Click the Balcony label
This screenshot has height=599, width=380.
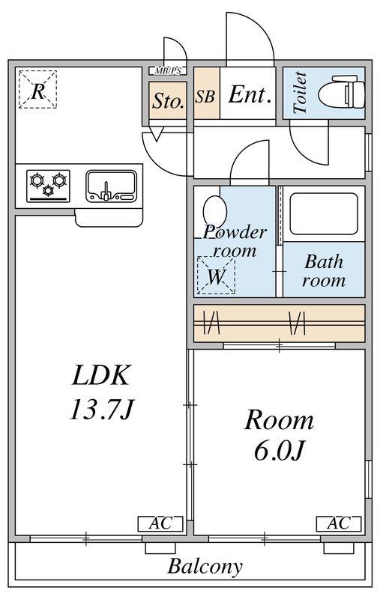coord(205,566)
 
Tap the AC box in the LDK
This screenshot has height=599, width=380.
coord(160,523)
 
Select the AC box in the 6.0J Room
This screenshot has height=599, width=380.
coord(339,523)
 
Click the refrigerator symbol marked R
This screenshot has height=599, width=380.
coord(37,89)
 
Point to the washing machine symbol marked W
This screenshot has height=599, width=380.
coord(216,275)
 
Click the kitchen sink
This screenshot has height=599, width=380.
coord(111,186)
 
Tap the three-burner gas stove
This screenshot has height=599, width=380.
coord(48,186)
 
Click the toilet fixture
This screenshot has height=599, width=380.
coord(342,92)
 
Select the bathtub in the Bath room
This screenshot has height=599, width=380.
coord(324,214)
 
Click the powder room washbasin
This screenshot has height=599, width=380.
coord(215,211)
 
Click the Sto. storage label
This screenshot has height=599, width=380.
coord(168,101)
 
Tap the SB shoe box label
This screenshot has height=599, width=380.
coord(205,97)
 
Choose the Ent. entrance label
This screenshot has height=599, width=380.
coord(250,94)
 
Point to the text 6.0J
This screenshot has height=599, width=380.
coord(280,451)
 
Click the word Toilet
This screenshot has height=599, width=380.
coord(301,92)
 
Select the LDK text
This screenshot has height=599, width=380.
coord(101,375)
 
